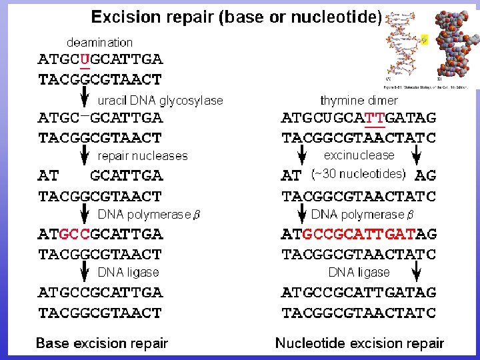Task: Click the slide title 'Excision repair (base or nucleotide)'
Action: [237, 17]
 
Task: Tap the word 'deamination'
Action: [99, 42]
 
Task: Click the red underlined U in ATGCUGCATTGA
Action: [85, 59]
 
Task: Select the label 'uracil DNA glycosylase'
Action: [161, 101]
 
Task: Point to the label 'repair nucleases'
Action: [143, 156]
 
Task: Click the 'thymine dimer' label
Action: [359, 101]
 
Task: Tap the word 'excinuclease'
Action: [359, 155]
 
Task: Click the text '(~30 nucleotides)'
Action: [359, 174]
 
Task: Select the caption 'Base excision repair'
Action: [101, 343]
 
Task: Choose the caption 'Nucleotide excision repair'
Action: [359, 343]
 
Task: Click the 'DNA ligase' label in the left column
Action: [128, 272]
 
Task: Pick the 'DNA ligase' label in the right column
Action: [359, 272]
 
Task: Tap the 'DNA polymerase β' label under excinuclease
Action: [363, 215]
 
